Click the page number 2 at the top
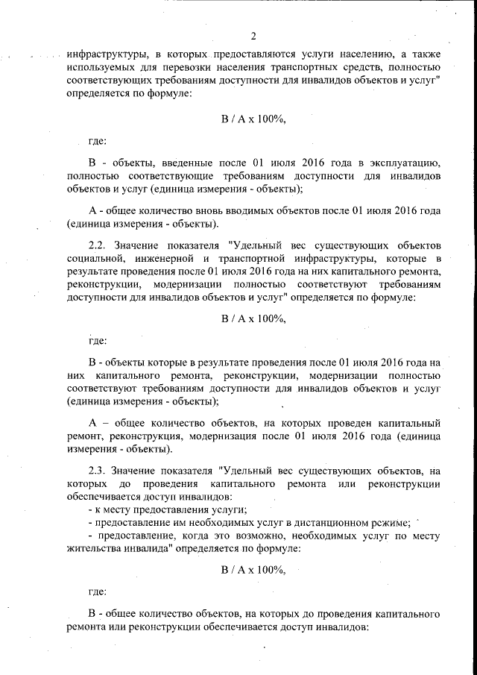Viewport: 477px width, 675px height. click(x=253, y=36)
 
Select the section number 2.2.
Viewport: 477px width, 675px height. click(x=99, y=245)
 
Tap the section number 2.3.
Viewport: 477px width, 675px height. click(x=99, y=469)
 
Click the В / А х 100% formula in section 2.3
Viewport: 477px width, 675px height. click(x=253, y=570)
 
